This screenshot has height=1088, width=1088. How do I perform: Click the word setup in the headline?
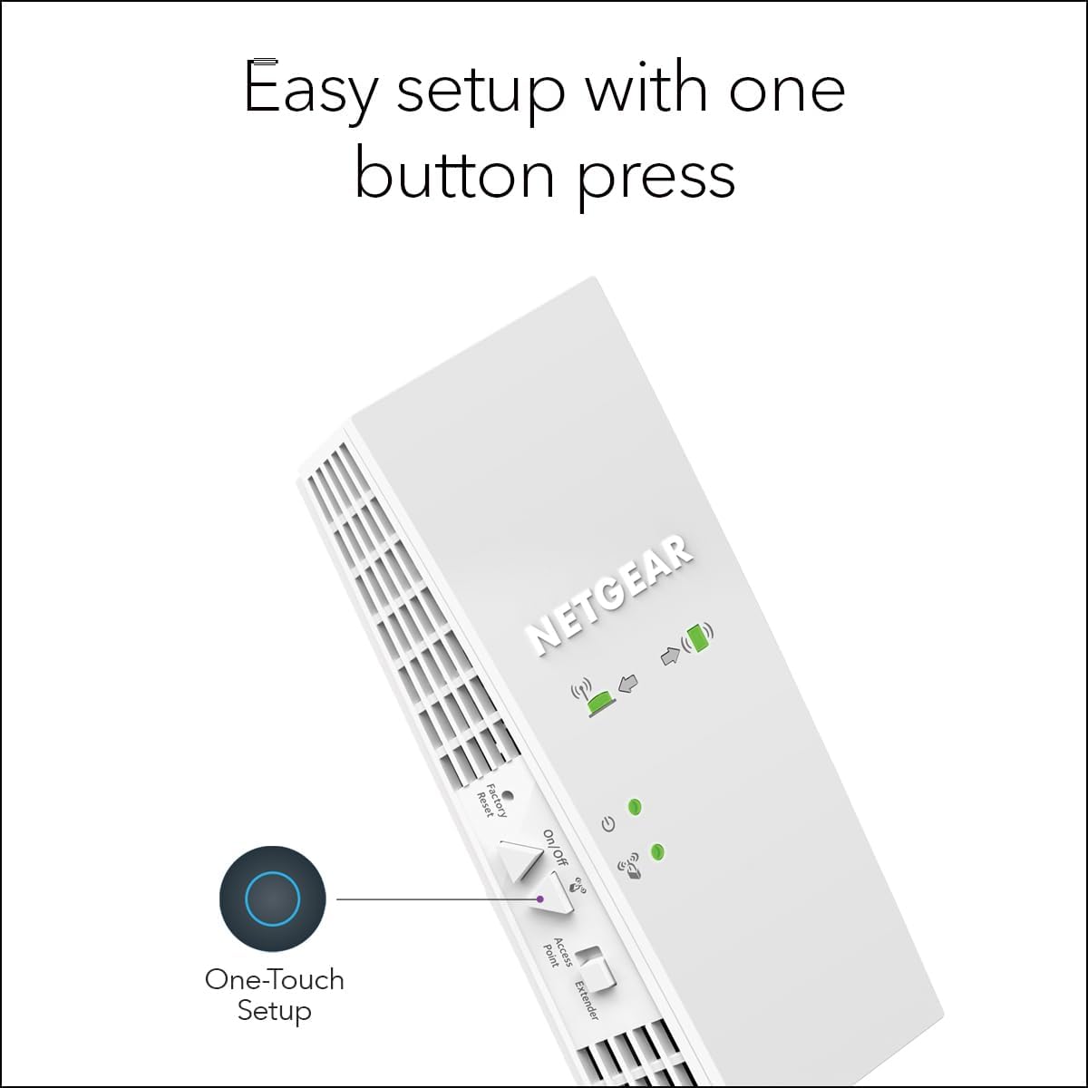(481, 91)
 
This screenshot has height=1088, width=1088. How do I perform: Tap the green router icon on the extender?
(599, 700)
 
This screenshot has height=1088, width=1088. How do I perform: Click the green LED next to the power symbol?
(635, 805)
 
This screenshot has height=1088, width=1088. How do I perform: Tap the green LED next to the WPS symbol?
(658, 851)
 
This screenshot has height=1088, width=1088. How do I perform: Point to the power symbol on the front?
(608, 825)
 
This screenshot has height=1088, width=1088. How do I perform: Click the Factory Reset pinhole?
(507, 797)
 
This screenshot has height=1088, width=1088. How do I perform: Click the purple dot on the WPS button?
(540, 899)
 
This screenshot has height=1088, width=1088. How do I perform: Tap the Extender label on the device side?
(587, 999)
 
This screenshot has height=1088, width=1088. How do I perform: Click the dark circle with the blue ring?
(272, 899)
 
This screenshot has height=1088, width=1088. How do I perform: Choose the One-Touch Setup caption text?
(275, 995)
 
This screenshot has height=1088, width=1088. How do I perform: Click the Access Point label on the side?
(557, 953)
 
